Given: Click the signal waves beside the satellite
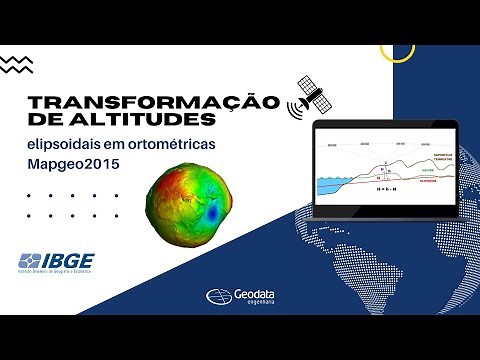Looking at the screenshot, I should point(294,104).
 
